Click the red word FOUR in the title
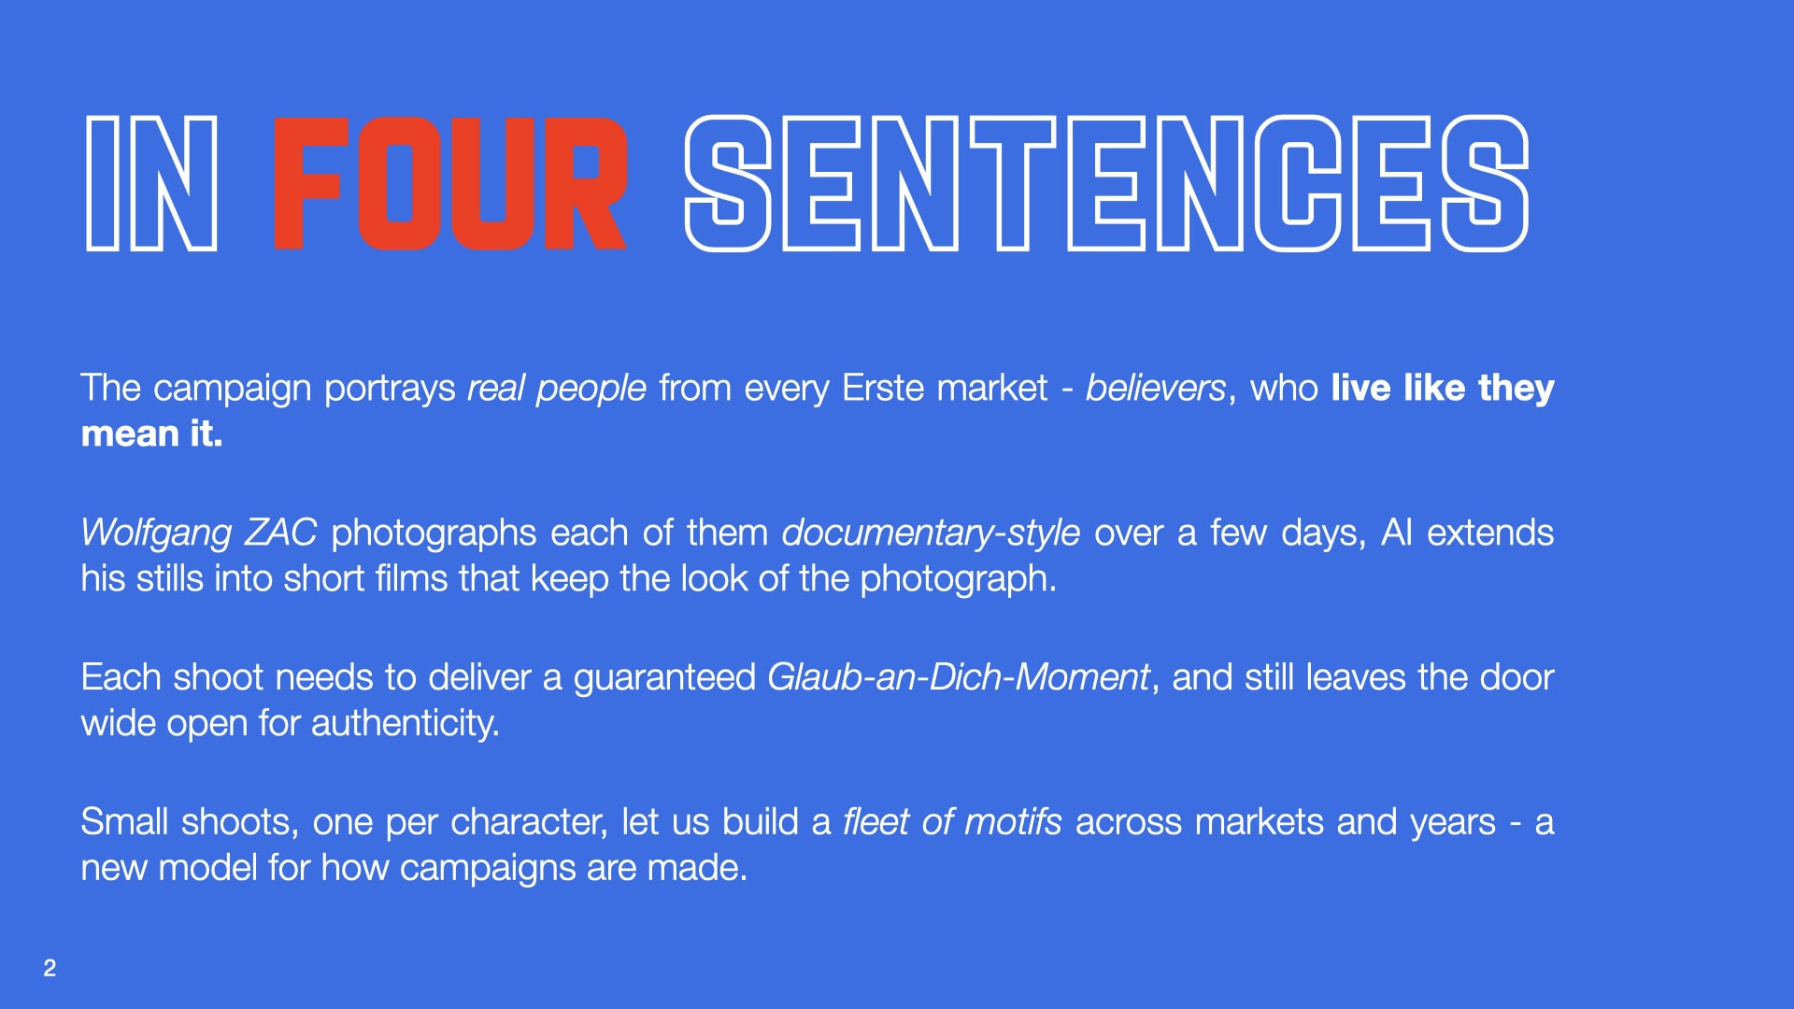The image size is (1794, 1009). click(x=449, y=184)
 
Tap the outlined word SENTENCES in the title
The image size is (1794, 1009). click(x=1106, y=184)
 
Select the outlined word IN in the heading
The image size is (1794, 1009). click(x=151, y=184)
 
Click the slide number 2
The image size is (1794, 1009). click(x=50, y=968)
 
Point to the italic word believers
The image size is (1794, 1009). click(x=1155, y=388)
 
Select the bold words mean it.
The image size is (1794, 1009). click(x=151, y=433)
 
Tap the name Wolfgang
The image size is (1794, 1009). click(x=156, y=533)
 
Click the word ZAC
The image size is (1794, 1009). click(x=280, y=533)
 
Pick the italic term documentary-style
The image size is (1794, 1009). click(x=931, y=533)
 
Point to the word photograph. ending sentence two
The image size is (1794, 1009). click(x=958, y=579)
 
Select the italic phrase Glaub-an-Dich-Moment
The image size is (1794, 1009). click(x=958, y=676)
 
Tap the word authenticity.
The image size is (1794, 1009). click(x=405, y=724)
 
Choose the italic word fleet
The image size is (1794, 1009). click(x=876, y=822)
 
